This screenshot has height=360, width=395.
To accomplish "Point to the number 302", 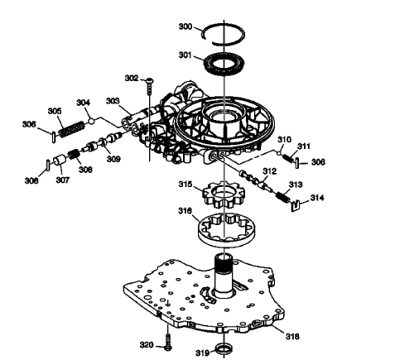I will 132,78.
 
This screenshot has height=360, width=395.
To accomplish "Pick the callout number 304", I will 84,103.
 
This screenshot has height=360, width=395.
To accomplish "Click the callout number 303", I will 112,100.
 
